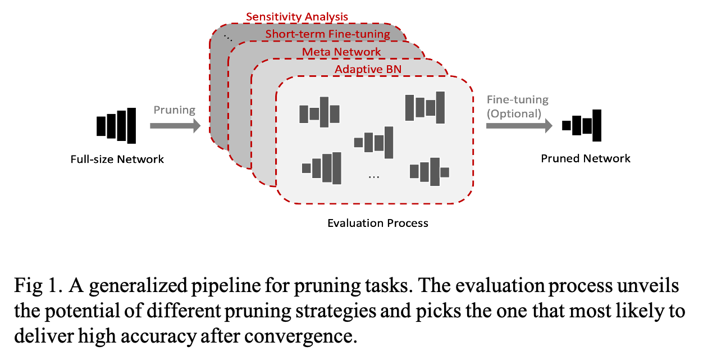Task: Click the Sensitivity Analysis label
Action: coord(297,17)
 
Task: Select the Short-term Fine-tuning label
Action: coord(327,34)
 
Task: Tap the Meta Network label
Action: coord(341,52)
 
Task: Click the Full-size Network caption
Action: coord(117,160)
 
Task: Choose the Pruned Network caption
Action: coord(586,159)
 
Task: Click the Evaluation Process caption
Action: coord(378,224)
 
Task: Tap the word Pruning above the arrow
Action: coord(174,110)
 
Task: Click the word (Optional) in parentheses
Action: coord(514,113)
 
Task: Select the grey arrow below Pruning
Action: coord(175,126)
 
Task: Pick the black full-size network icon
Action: coord(116,125)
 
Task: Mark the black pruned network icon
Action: coord(582,125)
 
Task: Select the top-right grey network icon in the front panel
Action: coord(425,107)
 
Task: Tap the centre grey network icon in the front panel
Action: coord(373,143)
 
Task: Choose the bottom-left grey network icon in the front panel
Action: coord(322,168)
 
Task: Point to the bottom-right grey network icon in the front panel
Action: coord(430,172)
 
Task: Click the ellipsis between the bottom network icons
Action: coord(374,177)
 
